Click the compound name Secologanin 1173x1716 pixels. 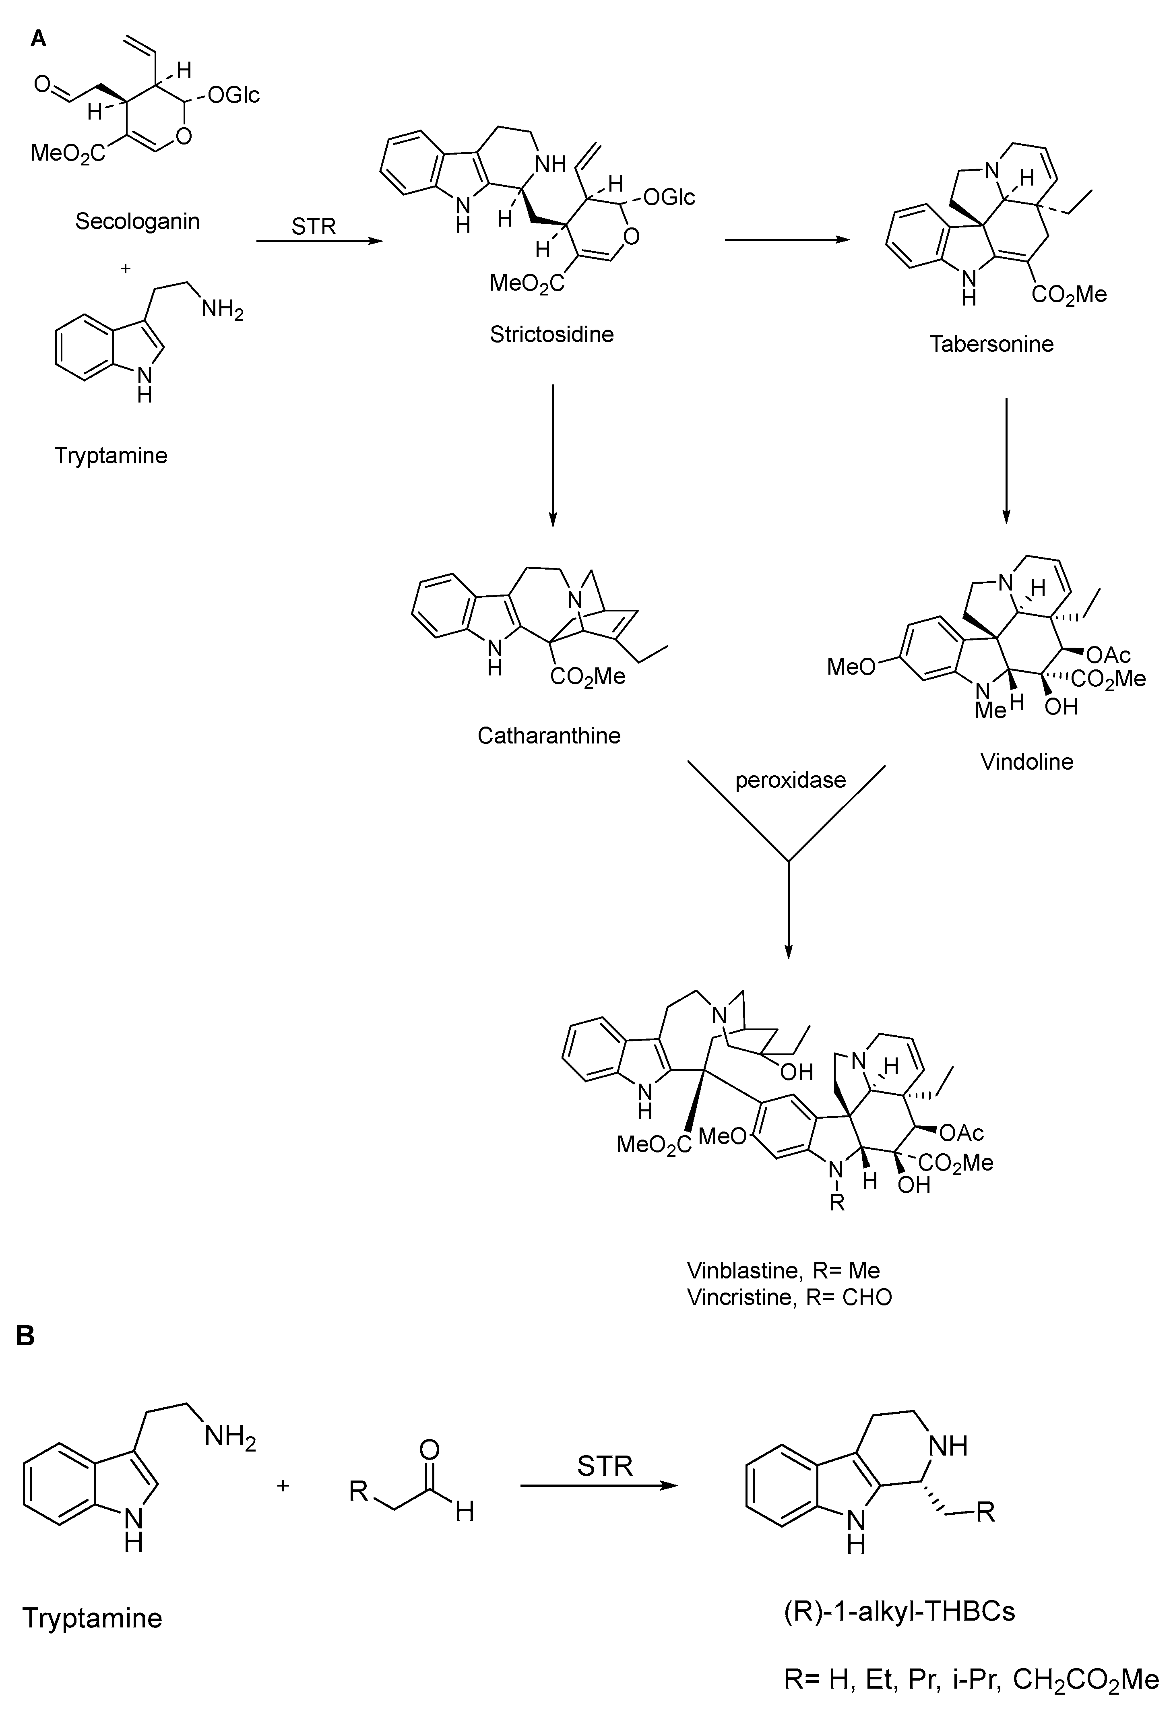137,221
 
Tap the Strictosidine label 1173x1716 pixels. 551,335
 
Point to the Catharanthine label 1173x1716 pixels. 549,735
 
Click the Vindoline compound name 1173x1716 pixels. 1026,761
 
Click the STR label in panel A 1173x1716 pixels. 313,226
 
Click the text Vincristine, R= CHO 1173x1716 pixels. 789,1297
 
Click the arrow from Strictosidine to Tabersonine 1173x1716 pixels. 786,239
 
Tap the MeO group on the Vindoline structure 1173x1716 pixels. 851,667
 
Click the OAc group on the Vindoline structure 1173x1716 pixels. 1108,654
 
